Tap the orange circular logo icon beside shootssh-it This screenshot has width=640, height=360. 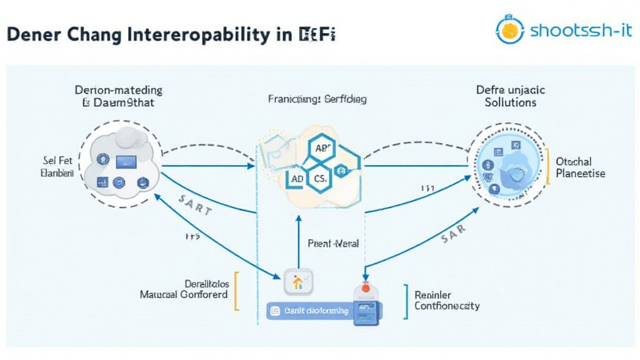(x=510, y=30)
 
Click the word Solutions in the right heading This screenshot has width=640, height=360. (x=510, y=102)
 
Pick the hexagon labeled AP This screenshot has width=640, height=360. (x=322, y=148)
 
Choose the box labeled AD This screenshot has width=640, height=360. (x=298, y=178)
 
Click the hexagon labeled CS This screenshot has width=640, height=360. (x=320, y=178)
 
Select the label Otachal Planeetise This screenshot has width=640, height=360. (x=580, y=167)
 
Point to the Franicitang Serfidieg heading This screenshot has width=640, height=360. (x=317, y=99)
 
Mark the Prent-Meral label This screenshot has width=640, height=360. (x=333, y=243)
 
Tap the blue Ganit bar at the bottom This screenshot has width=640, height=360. (x=309, y=309)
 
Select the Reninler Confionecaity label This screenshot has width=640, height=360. (x=446, y=300)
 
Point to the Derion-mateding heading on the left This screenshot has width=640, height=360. (x=118, y=96)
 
